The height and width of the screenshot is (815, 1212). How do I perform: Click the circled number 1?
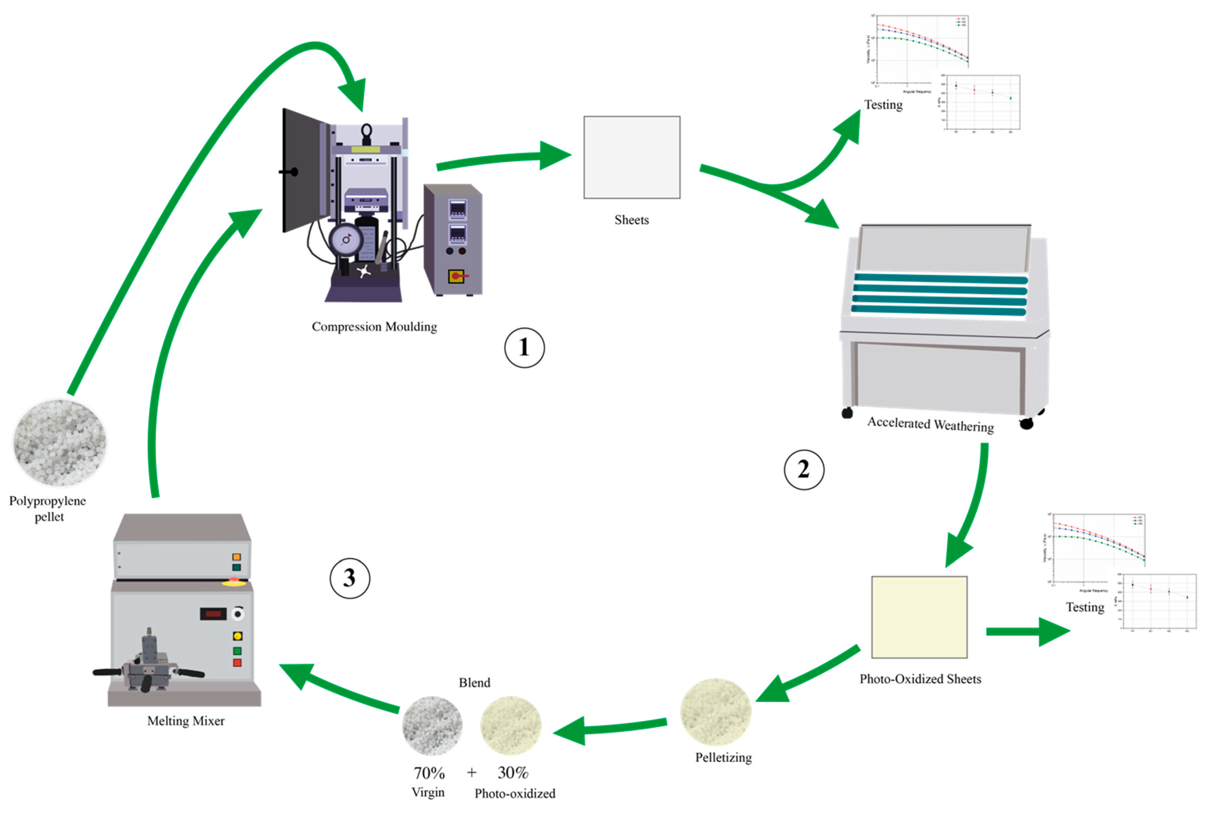(524, 347)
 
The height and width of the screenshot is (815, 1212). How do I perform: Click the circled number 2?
(803, 469)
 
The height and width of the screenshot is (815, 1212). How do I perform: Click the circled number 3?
(350, 578)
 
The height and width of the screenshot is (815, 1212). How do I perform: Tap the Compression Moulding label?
(374, 326)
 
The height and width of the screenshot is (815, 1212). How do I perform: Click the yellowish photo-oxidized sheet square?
(919, 617)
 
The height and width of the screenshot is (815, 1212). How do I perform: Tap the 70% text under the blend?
(429, 773)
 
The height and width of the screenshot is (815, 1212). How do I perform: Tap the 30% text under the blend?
(513, 773)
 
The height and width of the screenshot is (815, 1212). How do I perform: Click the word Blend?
(474, 683)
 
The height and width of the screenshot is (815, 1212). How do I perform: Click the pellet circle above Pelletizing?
(715, 712)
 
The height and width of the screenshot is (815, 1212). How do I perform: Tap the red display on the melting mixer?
(213, 614)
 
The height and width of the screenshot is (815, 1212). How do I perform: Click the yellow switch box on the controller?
(456, 276)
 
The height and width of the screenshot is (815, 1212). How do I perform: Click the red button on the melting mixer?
(237, 663)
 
